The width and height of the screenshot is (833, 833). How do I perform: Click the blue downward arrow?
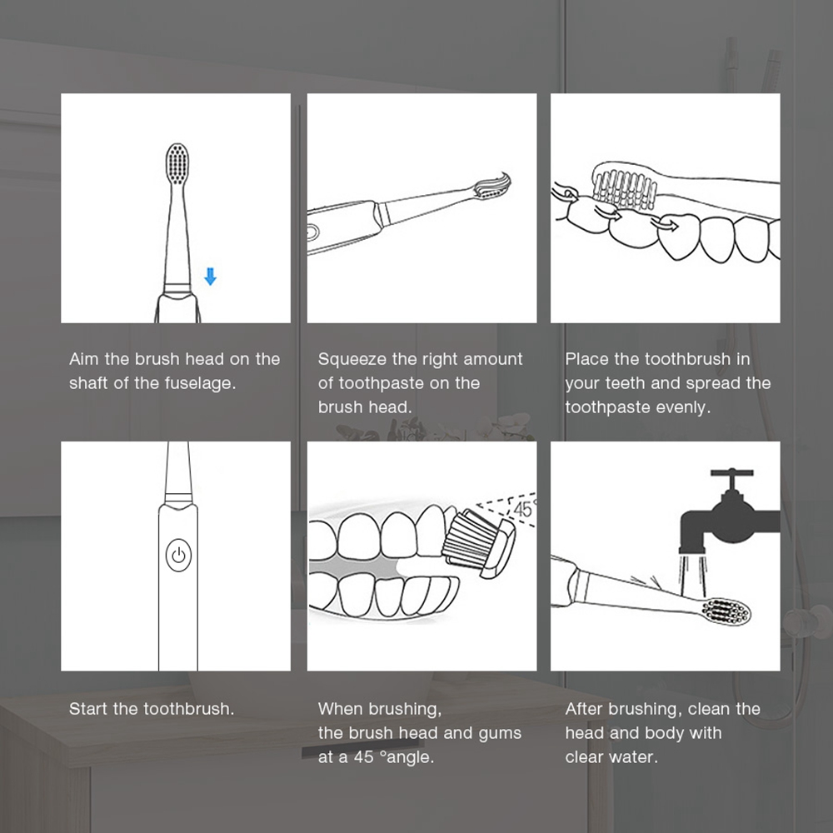coord(211,277)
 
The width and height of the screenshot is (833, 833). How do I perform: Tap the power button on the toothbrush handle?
coord(178,555)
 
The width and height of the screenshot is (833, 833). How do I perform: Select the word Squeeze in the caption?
coord(352,360)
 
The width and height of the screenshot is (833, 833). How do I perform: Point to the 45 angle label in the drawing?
coord(523,509)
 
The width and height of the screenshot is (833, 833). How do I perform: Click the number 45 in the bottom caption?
coord(364,756)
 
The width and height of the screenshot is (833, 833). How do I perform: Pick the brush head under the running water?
coord(726,611)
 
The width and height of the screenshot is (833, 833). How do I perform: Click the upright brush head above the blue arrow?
coord(177,163)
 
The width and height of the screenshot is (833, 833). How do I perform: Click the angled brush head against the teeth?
coord(479,542)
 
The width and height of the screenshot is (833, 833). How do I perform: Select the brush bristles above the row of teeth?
coord(625,188)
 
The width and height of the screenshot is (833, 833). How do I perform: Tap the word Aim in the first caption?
coord(83,359)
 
